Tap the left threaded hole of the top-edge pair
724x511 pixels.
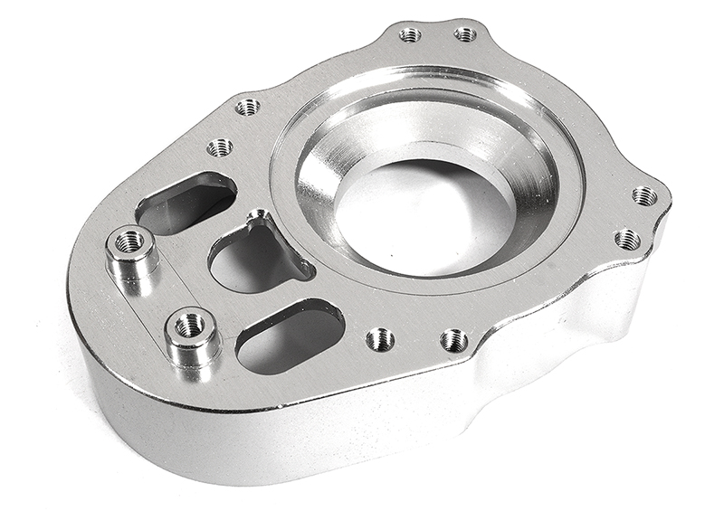[410, 35]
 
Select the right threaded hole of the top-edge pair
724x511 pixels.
[465, 34]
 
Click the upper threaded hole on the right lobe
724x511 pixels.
[644, 195]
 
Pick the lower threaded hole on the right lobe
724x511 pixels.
[627, 240]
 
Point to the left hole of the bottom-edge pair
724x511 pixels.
[380, 340]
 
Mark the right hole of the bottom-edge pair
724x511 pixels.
[453, 341]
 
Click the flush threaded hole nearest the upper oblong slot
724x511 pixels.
[219, 147]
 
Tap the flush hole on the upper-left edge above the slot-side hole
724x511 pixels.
[248, 107]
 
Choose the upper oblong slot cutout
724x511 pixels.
[186, 200]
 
